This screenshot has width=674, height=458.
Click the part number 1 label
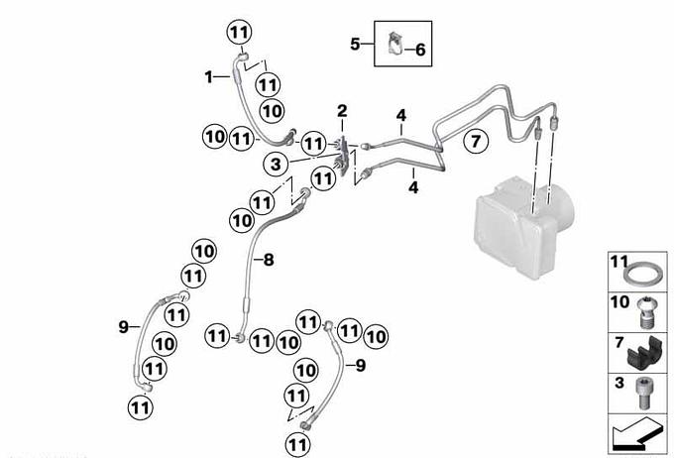tap(209, 75)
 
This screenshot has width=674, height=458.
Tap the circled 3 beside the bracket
tap(277, 162)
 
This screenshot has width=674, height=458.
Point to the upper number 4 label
tap(400, 117)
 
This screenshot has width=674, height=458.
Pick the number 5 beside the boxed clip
tap(356, 43)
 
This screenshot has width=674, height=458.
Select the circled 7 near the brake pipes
tap(475, 142)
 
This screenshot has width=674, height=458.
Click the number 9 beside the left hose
tap(124, 325)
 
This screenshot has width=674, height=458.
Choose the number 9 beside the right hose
tap(361, 366)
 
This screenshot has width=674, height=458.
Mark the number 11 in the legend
tap(618, 264)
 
